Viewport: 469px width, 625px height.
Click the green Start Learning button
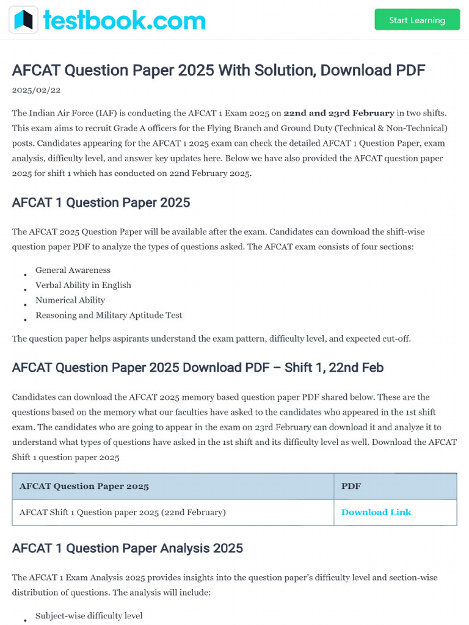click(417, 20)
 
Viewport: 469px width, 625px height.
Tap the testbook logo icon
click(23, 20)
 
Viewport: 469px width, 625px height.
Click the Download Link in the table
click(376, 512)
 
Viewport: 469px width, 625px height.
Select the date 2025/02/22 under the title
click(36, 90)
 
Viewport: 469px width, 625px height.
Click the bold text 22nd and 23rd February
click(339, 113)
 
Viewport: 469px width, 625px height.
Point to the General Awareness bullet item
click(73, 270)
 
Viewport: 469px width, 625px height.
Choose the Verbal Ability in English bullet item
click(83, 285)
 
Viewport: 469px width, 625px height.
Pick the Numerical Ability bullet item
click(70, 300)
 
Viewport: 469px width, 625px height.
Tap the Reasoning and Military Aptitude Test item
click(109, 315)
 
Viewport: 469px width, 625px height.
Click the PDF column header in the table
click(351, 486)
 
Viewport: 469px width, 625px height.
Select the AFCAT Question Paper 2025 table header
click(84, 486)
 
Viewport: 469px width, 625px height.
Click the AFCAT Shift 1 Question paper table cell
click(123, 512)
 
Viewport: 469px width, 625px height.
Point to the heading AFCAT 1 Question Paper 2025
click(101, 203)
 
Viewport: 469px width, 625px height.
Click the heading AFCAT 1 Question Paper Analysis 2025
click(127, 548)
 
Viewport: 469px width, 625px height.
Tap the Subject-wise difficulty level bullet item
click(89, 615)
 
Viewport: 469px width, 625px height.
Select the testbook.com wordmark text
click(124, 20)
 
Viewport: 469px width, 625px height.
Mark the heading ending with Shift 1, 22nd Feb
click(197, 367)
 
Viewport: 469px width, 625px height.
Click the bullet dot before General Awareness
click(25, 275)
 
